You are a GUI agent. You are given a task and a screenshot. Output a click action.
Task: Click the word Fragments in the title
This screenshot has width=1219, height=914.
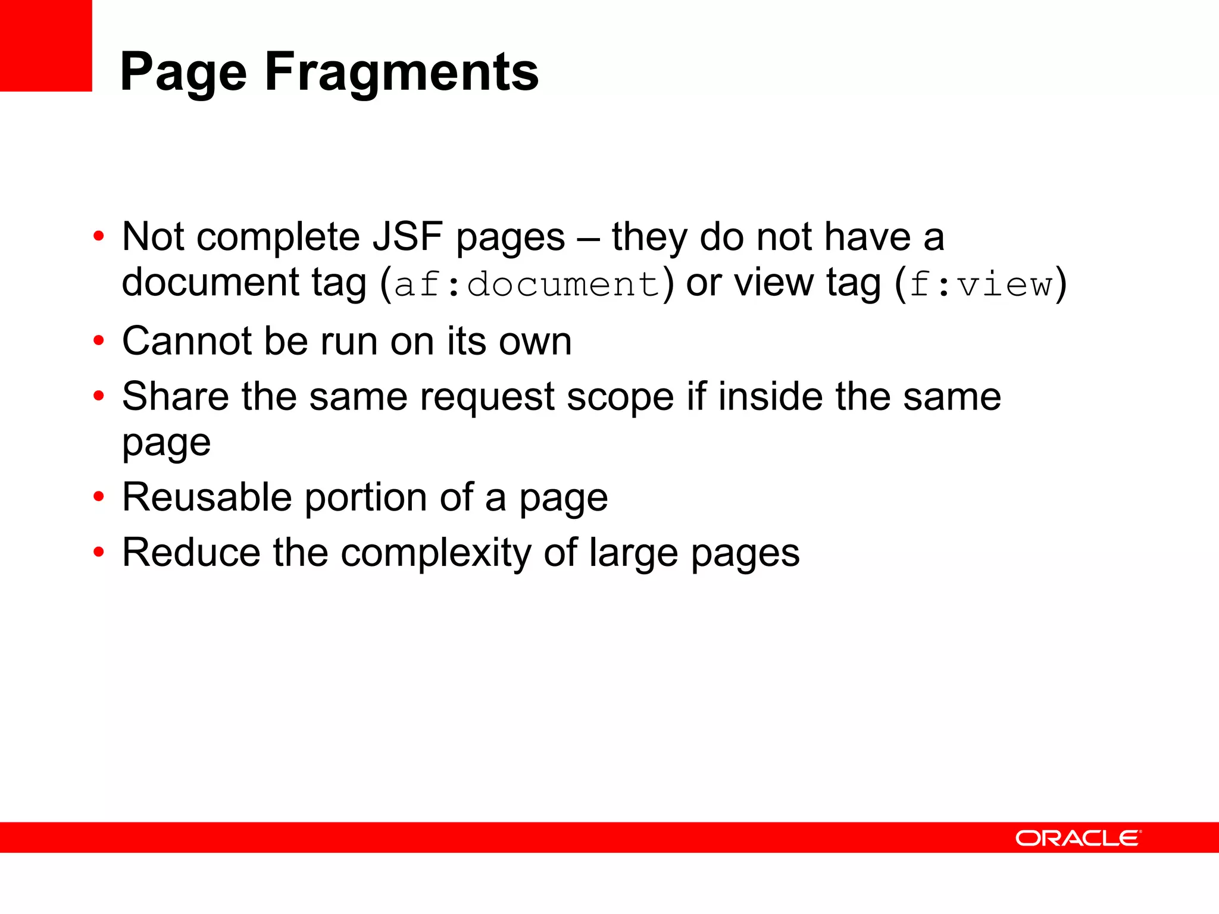(402, 73)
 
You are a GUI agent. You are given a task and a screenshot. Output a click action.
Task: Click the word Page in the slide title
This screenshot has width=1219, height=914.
(183, 73)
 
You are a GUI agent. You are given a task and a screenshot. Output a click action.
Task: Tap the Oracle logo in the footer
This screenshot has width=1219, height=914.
(1078, 838)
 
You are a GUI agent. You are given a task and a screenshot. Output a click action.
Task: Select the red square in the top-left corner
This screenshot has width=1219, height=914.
(46, 45)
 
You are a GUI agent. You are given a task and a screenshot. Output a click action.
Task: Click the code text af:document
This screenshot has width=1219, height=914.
(527, 284)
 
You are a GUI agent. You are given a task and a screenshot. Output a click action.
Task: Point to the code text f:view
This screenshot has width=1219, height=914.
(981, 284)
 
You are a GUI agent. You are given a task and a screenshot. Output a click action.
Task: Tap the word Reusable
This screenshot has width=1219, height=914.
(207, 497)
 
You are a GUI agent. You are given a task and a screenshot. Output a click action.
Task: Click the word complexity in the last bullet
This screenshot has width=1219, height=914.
(436, 553)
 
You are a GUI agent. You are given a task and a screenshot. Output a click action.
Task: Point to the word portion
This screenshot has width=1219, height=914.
(365, 497)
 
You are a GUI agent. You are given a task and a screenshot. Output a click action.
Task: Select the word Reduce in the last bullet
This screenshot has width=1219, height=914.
(191, 553)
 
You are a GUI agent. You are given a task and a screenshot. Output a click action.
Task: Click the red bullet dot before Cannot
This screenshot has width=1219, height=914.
(99, 341)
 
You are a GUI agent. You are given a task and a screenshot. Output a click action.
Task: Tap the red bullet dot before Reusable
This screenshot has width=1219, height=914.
(99, 497)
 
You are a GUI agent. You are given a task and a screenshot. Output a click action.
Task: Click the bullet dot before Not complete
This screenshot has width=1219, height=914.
(99, 236)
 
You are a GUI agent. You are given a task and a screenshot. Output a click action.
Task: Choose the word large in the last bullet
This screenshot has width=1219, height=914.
(633, 554)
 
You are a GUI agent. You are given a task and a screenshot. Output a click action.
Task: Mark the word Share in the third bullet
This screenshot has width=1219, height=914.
(175, 397)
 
